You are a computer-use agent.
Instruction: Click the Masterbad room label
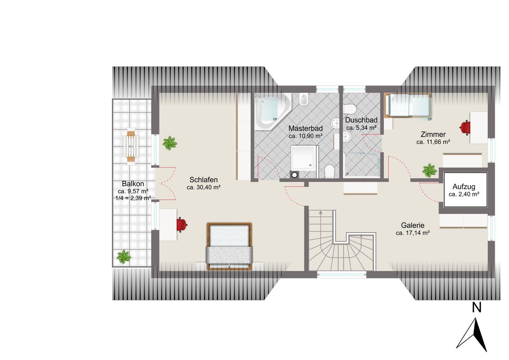[305, 128]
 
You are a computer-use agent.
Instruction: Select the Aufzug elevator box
[465, 190]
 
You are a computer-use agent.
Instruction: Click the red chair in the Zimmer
[465, 128]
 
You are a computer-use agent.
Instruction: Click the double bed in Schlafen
[229, 246]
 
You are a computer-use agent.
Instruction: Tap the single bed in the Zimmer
[408, 106]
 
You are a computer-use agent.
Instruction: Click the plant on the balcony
[124, 257]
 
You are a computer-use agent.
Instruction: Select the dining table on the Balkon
[131, 146]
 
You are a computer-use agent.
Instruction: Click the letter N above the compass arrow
[476, 308]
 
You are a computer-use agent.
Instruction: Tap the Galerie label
[413, 225]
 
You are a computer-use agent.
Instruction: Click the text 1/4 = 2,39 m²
[133, 198]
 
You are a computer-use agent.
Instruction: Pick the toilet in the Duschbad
[349, 109]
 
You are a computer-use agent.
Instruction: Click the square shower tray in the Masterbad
[304, 158]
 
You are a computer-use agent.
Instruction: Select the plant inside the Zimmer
[429, 171]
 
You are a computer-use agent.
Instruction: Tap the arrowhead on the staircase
[321, 212]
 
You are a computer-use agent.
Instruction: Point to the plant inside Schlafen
[170, 143]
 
